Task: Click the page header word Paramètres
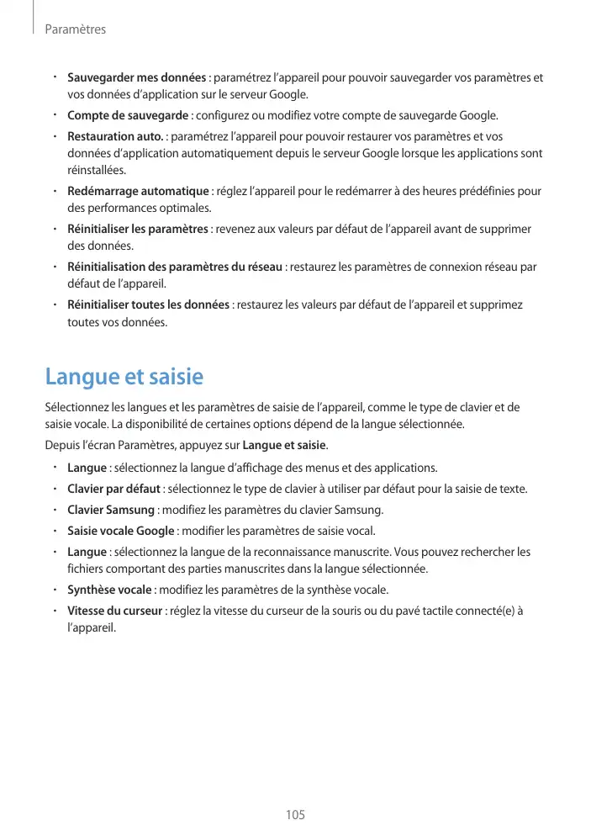pyautogui.click(x=75, y=29)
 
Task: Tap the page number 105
pyautogui.click(x=294, y=815)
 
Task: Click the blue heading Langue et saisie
pyautogui.click(x=124, y=376)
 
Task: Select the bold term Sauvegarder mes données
pyautogui.click(x=136, y=78)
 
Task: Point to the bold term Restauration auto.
pyautogui.click(x=115, y=136)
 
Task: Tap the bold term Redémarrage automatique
pyautogui.click(x=138, y=191)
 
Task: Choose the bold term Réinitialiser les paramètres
pyautogui.click(x=137, y=229)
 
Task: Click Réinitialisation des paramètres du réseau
pyautogui.click(x=174, y=267)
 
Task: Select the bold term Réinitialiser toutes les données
pyautogui.click(x=148, y=304)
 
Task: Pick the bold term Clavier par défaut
pyautogui.click(x=114, y=489)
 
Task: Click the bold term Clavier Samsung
pyautogui.click(x=110, y=510)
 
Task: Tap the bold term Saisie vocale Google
pyautogui.click(x=120, y=531)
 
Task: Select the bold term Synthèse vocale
pyautogui.click(x=109, y=590)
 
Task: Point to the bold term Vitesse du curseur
pyautogui.click(x=114, y=611)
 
